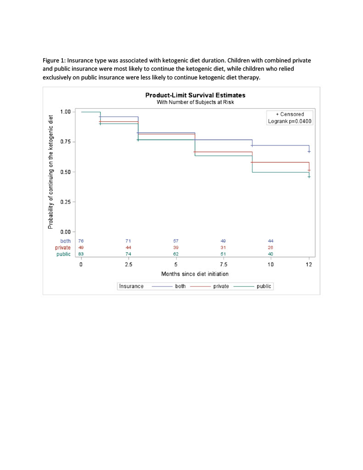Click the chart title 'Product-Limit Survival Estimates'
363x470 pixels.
pyautogui.click(x=195, y=95)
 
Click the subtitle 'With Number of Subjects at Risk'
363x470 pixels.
pyautogui.click(x=195, y=102)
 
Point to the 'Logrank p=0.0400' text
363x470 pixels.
pyautogui.click(x=291, y=121)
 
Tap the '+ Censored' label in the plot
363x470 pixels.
pyautogui.click(x=290, y=114)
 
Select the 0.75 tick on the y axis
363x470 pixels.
pyautogui.click(x=66, y=142)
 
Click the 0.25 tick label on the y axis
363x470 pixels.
pyautogui.click(x=66, y=202)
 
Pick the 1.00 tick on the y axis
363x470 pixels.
pyautogui.click(x=66, y=112)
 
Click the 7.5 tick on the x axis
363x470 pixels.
pyautogui.click(x=223, y=265)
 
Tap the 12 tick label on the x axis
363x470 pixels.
pyautogui.click(x=309, y=265)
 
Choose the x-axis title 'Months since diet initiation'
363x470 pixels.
pyautogui.click(x=195, y=274)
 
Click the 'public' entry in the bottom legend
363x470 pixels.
pyautogui.click(x=264, y=286)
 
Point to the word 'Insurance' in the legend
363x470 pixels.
pyautogui.click(x=131, y=286)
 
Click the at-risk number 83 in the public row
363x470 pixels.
pyautogui.click(x=81, y=254)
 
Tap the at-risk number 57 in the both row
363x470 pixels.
pyautogui.click(x=176, y=241)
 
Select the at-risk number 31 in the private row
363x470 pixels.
pyautogui.click(x=223, y=247)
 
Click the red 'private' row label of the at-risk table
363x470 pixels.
pyautogui.click(x=63, y=247)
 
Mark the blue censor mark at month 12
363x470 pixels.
pyautogui.click(x=309, y=151)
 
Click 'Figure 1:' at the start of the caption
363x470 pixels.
pyautogui.click(x=55, y=61)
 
